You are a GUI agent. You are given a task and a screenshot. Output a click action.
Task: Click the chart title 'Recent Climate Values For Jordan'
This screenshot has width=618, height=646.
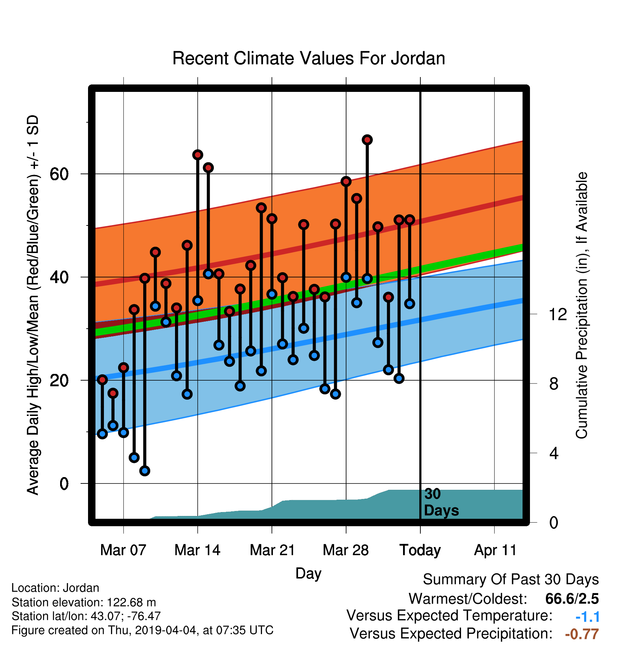[309, 58]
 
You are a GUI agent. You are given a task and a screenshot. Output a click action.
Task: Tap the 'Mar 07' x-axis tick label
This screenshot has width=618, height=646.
[123, 550]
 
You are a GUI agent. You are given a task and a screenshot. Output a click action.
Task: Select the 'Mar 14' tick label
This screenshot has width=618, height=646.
[197, 550]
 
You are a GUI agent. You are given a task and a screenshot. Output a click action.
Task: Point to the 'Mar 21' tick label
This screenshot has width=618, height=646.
[272, 550]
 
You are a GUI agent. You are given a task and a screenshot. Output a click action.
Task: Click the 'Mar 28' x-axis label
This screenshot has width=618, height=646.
[346, 550]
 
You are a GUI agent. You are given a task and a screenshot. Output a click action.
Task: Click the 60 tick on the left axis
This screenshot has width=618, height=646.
[59, 174]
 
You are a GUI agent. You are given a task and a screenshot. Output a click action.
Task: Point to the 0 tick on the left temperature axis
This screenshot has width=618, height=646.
[64, 483]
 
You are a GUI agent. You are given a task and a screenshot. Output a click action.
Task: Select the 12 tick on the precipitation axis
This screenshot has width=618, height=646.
[558, 314]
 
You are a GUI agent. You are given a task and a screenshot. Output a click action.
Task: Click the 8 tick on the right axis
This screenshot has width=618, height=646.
[554, 384]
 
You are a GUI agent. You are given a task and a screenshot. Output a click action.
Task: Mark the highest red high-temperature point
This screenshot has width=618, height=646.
[367, 140]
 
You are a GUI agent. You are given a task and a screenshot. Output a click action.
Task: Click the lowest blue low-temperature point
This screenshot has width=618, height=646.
[145, 471]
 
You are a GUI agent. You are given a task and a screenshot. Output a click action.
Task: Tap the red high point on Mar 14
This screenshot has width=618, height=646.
[198, 155]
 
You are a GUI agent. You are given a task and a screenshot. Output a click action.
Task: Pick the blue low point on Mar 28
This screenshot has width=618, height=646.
[346, 277]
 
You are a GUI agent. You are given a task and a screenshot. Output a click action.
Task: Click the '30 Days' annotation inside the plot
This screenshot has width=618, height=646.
[441, 502]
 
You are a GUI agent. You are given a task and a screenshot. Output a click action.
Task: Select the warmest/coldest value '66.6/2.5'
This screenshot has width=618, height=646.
[572, 599]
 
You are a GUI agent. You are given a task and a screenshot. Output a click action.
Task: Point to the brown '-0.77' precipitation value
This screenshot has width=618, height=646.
[582, 634]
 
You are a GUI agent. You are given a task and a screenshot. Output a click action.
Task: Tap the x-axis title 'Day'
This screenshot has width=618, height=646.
[308, 573]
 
